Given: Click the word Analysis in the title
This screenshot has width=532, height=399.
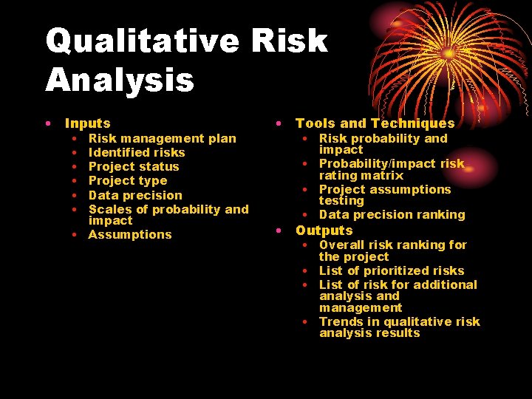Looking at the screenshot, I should point(120,80).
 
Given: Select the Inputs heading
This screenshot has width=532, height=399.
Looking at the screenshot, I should point(87,123).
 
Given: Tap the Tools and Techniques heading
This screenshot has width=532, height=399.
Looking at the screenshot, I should point(375,123).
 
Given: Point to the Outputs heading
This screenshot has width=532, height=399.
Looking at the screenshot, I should point(324,230).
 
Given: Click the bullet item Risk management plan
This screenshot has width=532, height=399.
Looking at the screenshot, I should point(162,138).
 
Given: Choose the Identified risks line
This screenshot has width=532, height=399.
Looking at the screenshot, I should point(137,152).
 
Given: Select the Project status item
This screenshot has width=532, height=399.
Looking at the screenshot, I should point(134,166).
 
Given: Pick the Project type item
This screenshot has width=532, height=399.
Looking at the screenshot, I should point(128,180).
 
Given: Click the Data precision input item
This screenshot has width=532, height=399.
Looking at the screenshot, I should point(135,195).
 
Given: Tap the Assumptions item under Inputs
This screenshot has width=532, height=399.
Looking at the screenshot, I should point(129,234).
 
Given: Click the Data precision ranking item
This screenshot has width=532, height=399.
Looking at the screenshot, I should point(392,214).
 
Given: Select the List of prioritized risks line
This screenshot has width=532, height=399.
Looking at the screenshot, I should point(392,270).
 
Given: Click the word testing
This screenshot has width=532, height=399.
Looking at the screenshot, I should point(341,200).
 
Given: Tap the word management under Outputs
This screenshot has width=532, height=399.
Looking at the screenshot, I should point(361,307).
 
